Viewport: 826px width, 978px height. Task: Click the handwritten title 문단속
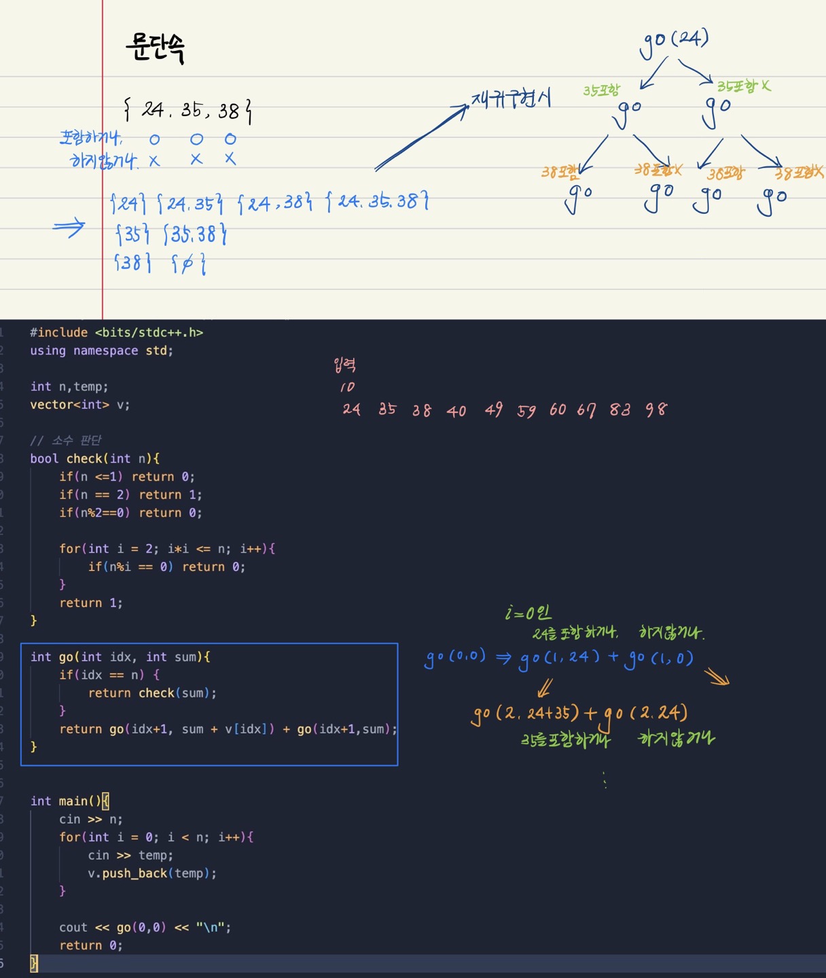tap(155, 48)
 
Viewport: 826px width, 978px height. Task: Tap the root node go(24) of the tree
tap(674, 41)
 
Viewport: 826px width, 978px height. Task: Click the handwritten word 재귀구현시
tap(511, 100)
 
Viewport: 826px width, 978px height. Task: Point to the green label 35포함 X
tap(744, 86)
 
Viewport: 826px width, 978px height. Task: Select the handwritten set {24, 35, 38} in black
tap(188, 110)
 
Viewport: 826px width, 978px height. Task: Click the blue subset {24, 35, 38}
tap(377, 202)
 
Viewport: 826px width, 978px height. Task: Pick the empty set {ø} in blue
tap(189, 263)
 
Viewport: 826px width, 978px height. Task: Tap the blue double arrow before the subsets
tap(69, 228)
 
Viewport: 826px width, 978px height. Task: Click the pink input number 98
tap(656, 410)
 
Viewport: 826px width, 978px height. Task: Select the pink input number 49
tap(494, 410)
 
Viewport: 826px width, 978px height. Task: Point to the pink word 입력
tap(345, 365)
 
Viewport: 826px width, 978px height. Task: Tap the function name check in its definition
tap(84, 458)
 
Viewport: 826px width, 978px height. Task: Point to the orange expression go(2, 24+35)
tap(526, 714)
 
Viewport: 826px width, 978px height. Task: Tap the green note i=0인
tap(528, 613)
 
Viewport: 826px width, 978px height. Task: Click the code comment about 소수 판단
tap(66, 440)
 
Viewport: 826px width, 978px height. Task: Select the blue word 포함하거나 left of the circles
tap(90, 138)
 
